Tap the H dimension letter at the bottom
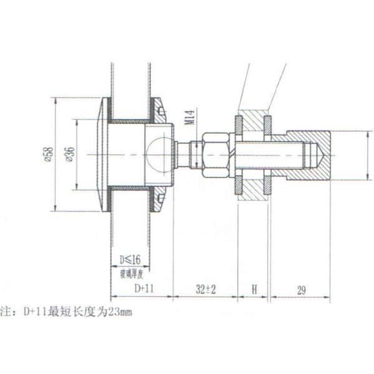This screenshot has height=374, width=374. pyautogui.click(x=254, y=289)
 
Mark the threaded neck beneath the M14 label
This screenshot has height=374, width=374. pyautogui.click(x=195, y=153)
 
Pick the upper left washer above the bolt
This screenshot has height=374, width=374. pyautogui.click(x=239, y=124)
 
